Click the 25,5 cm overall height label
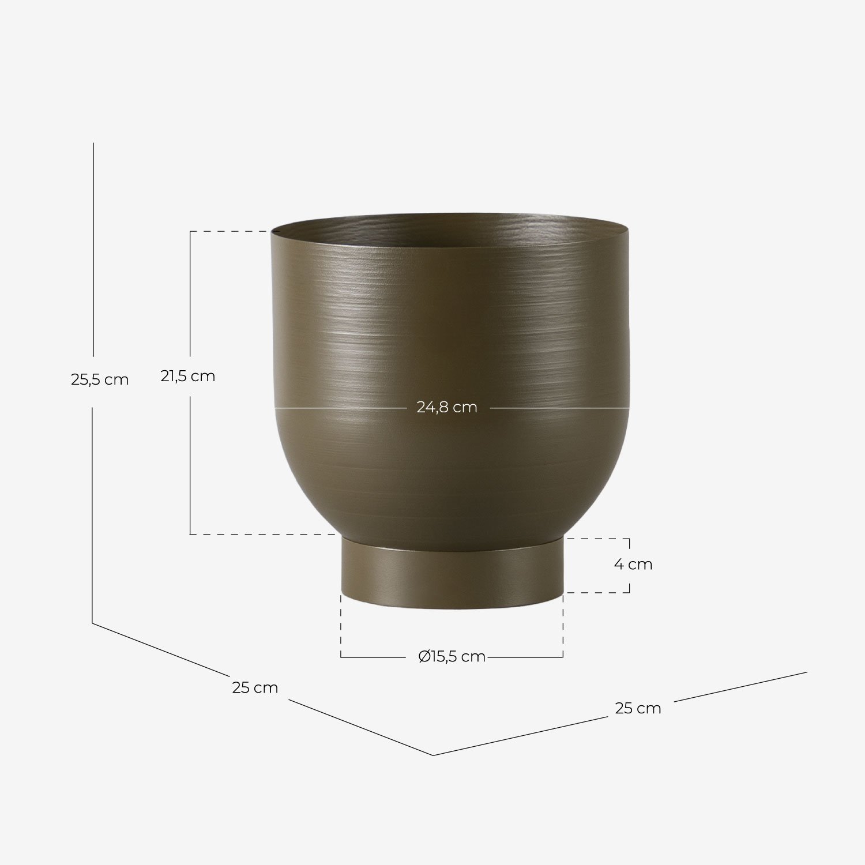(x=100, y=380)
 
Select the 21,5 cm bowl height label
(x=188, y=377)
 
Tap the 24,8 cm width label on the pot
(x=447, y=408)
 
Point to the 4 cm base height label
(x=633, y=565)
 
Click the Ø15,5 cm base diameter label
(x=452, y=657)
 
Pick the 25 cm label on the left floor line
(x=255, y=688)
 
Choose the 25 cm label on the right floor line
(x=638, y=709)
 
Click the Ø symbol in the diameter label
(x=424, y=657)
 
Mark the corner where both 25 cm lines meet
(x=433, y=755)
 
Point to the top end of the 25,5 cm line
(x=93, y=144)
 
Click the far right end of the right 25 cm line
(x=806, y=672)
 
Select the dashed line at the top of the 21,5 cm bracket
(x=231, y=231)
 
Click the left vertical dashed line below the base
(x=341, y=626)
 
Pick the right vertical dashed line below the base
(x=563, y=626)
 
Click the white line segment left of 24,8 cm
(x=340, y=408)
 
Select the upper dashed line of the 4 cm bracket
(x=597, y=539)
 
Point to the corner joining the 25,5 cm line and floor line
(x=93, y=623)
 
